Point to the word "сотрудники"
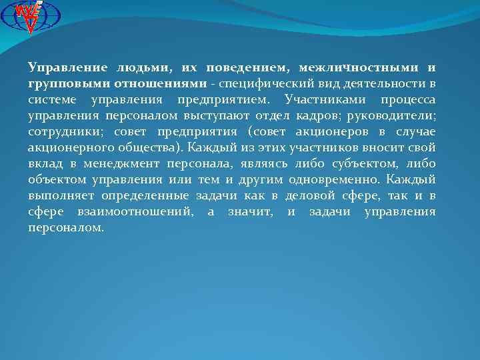61,132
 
